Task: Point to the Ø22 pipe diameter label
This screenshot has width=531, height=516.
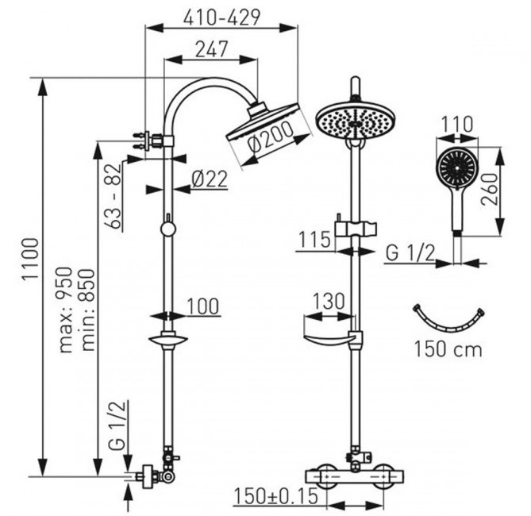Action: click(x=210, y=179)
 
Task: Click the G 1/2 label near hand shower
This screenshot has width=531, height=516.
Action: click(x=410, y=253)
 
